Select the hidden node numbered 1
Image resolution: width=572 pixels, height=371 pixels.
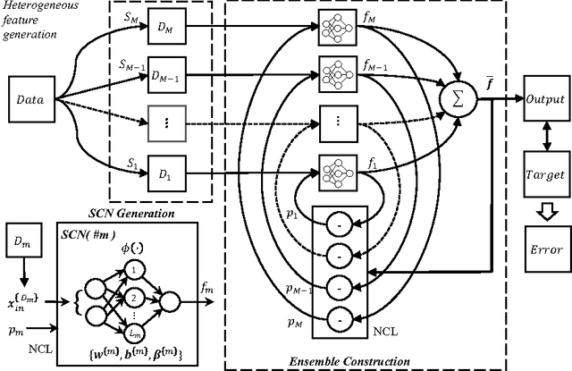(134, 270)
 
